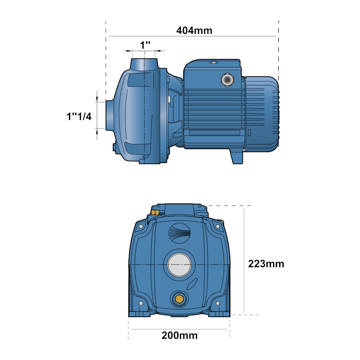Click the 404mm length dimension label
pos(194,31)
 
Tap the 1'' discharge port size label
pos(145,45)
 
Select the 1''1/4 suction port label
pos(79,116)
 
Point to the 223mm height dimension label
pos(266,264)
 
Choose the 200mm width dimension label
pos(180,336)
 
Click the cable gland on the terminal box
pos(227,80)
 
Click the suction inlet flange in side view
pos(110,116)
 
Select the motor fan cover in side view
pos(262,114)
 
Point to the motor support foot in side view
pos(237,156)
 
